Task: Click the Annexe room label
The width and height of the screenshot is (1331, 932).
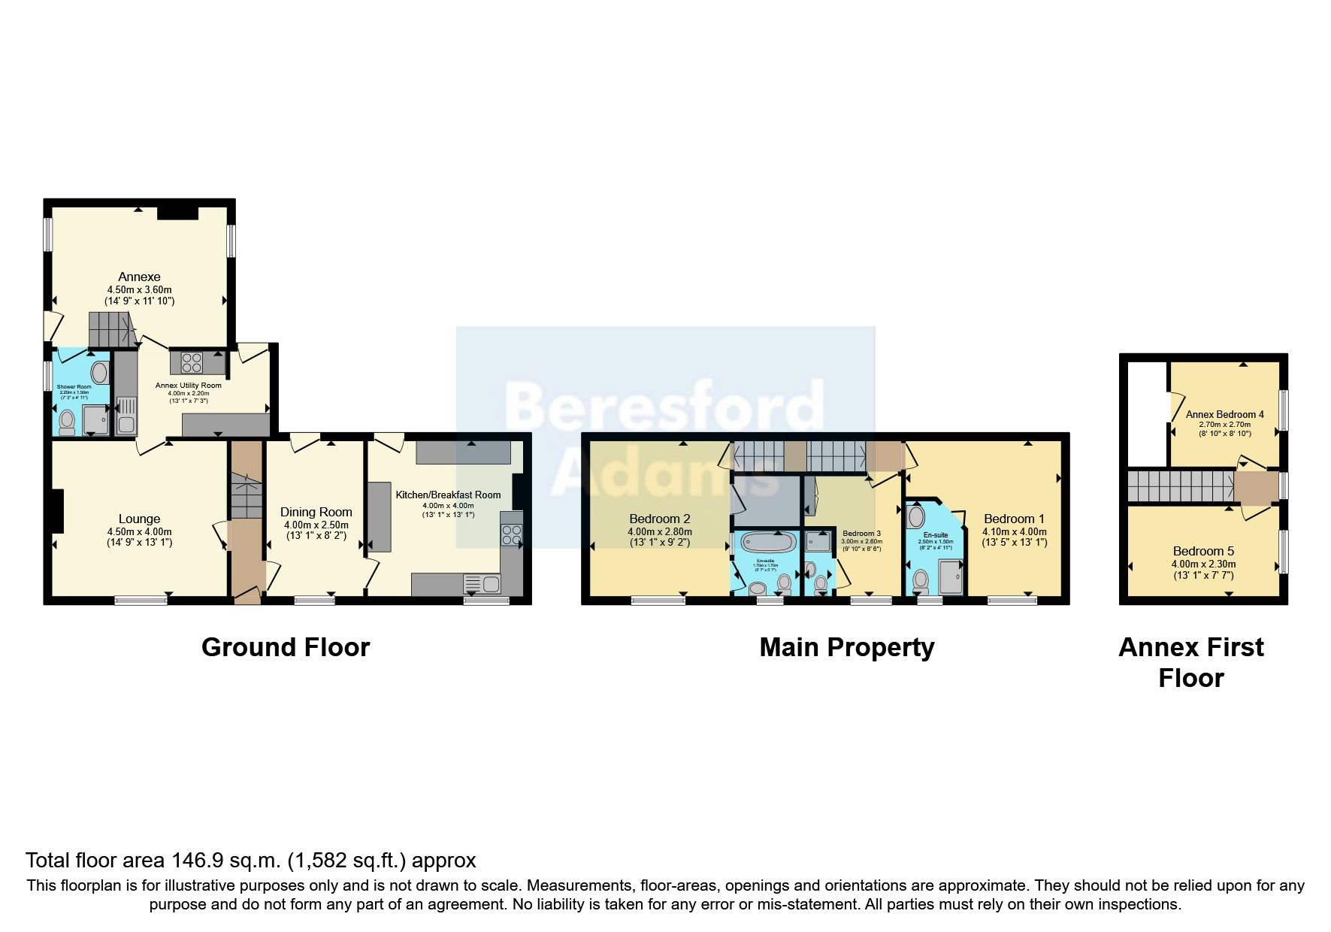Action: (139, 277)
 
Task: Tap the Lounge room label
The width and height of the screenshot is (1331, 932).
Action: (139, 519)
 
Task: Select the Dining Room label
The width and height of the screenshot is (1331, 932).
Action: (316, 512)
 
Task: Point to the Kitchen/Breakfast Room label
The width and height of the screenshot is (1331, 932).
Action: (448, 495)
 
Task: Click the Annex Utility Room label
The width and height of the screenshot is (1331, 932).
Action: (188, 386)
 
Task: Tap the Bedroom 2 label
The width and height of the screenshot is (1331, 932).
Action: (659, 519)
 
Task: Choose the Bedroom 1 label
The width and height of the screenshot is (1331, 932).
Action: (1014, 519)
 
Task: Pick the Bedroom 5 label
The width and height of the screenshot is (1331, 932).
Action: (1203, 551)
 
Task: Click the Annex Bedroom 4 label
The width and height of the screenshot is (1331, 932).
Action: (1224, 414)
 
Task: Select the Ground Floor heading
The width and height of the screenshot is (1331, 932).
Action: (286, 647)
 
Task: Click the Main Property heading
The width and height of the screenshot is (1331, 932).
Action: (846, 647)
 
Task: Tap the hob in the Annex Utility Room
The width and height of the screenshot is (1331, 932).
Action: (192, 362)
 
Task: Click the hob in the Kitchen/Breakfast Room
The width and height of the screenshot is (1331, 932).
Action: (512, 534)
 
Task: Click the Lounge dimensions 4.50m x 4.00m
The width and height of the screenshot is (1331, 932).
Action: (139, 531)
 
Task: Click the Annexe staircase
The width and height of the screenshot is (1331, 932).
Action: (109, 329)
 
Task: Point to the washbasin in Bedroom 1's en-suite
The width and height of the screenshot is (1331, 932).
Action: (916, 516)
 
